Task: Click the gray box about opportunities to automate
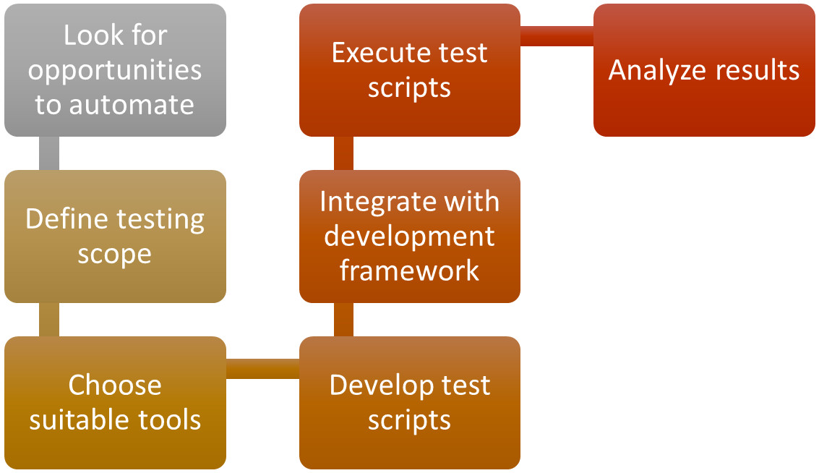(x=115, y=70)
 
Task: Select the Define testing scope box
(x=115, y=236)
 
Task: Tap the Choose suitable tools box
(x=115, y=403)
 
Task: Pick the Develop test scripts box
(x=409, y=403)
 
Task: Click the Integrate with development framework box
(x=409, y=236)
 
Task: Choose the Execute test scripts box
(x=409, y=70)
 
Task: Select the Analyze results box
(x=704, y=70)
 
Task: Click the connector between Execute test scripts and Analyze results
(x=557, y=36)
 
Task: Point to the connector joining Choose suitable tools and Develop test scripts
(x=262, y=369)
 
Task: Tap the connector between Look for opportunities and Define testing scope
(x=48, y=153)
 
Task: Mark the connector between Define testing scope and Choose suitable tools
(x=48, y=320)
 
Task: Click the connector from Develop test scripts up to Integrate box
(x=343, y=320)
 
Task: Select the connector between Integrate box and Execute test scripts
(x=343, y=153)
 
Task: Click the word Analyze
(x=653, y=71)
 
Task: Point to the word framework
(x=409, y=271)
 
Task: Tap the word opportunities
(x=115, y=71)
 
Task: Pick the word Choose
(x=115, y=385)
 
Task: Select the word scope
(x=115, y=255)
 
